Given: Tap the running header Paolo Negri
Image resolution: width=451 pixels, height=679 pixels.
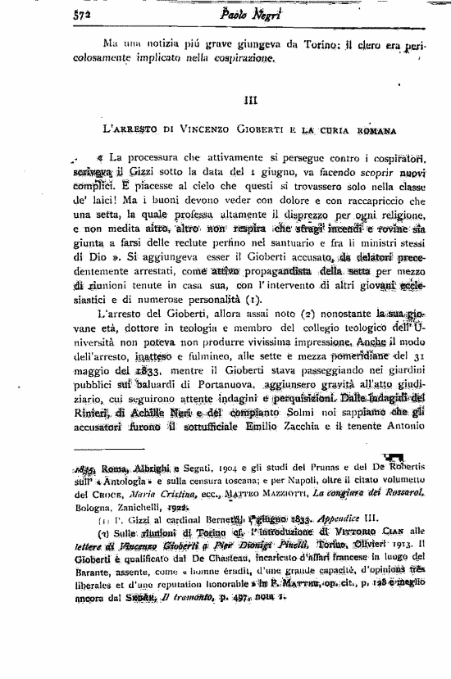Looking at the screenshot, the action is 227,12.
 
